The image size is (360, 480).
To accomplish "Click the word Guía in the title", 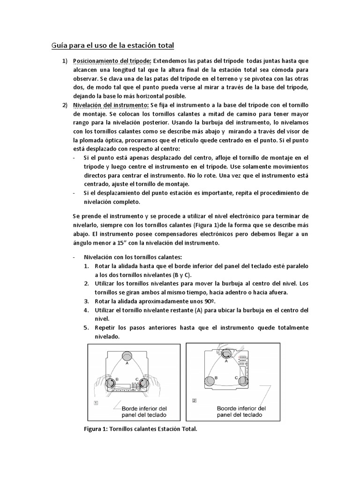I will (59, 45).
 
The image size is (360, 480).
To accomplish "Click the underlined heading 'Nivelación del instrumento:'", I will (110, 104).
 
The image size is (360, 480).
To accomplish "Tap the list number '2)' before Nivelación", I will (65, 104).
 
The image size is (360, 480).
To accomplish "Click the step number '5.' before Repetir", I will (87, 328).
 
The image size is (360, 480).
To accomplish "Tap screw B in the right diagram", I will (210, 382).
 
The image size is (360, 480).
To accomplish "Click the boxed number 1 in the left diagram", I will (96, 402).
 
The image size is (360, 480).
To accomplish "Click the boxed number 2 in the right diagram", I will (195, 401).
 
